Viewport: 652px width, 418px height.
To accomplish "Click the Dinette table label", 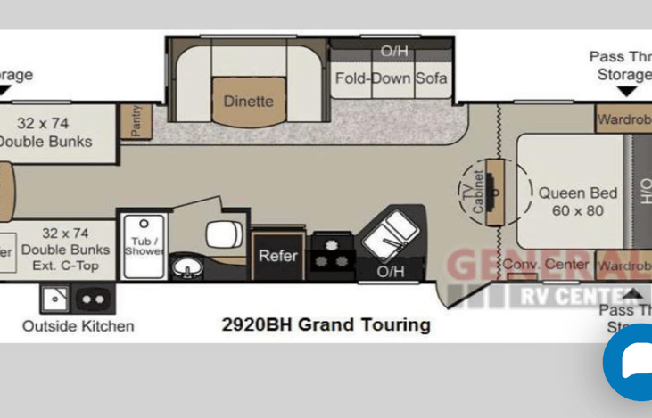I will tap(248, 101).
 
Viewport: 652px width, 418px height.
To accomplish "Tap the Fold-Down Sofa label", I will tap(391, 78).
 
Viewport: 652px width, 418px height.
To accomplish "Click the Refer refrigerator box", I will tap(277, 256).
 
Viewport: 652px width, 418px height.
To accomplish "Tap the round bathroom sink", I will tap(186, 266).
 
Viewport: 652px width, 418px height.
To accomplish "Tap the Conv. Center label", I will tap(545, 264).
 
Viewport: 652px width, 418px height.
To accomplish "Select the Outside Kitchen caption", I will tap(78, 326).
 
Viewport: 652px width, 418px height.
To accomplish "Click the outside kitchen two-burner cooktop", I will tap(94, 299).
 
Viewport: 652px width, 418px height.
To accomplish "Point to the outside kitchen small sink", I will tap(54, 299).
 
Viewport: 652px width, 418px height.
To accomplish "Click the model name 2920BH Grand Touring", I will tap(326, 324).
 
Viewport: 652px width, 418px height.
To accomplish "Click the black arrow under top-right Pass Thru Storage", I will tap(628, 91).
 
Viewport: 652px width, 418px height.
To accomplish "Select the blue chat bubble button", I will tap(631, 365).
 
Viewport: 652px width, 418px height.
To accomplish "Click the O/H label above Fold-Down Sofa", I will tap(393, 51).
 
